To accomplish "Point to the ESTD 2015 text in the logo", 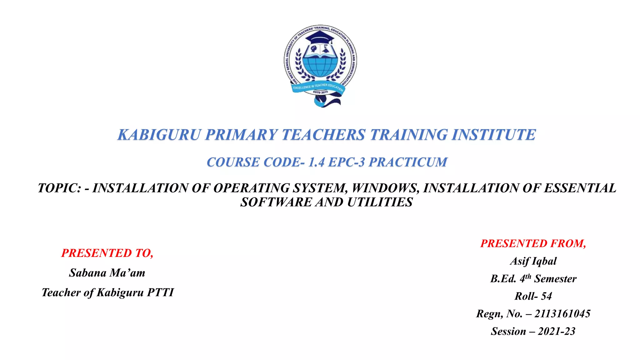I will point(320,92).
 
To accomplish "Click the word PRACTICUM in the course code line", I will point(408,162).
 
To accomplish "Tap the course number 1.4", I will point(316,162).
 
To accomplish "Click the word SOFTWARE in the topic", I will point(276,202).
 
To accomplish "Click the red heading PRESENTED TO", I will point(107,253).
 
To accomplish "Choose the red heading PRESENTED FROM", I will point(533,243).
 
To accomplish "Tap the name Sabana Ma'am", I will point(107,273).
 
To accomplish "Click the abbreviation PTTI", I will point(160,292).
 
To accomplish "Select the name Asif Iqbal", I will point(533,261).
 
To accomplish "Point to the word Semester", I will point(555,279).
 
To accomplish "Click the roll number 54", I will point(546,296).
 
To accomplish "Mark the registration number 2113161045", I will point(562,314).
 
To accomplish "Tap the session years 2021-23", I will point(556,331).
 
